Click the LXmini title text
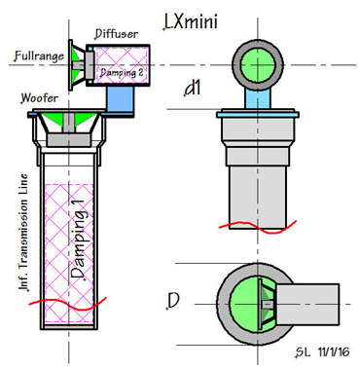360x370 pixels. (191, 21)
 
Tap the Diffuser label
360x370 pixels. (117, 34)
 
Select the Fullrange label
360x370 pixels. (39, 56)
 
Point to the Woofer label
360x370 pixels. (40, 97)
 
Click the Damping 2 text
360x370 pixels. (122, 72)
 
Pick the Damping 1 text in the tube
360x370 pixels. (78, 239)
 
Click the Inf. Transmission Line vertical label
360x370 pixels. (23, 233)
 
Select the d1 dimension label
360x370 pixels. (193, 88)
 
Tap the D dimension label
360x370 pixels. (173, 300)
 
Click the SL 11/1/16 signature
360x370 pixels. (323, 351)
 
